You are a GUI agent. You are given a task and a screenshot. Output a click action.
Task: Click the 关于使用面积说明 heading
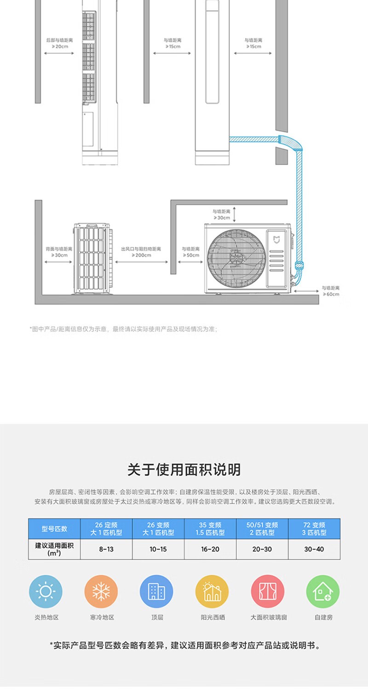click(184, 470)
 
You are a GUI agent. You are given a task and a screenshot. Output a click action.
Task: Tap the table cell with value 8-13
click(106, 549)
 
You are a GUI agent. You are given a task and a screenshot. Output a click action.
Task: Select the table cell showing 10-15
click(158, 549)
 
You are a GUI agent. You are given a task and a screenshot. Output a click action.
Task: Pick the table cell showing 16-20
click(210, 549)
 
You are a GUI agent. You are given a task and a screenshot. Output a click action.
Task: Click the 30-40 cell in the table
click(314, 549)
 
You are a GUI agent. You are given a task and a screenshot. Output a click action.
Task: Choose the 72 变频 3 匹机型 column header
click(314, 528)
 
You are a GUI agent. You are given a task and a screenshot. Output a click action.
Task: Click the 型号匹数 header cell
click(54, 528)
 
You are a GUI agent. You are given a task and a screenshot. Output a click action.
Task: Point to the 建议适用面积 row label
click(54, 549)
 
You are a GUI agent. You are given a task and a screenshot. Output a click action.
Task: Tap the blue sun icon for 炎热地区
click(46, 591)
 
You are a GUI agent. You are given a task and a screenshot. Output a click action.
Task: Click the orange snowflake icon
click(101, 591)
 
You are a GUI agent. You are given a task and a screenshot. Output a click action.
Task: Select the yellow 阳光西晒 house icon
click(212, 591)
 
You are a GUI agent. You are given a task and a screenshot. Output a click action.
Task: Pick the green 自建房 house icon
click(323, 591)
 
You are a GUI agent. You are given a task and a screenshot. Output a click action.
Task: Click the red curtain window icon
click(267, 591)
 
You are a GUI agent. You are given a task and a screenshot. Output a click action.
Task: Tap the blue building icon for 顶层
click(156, 591)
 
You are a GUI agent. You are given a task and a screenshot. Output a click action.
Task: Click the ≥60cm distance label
click(330, 294)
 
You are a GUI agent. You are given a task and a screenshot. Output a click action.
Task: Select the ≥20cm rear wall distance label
click(59, 46)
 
